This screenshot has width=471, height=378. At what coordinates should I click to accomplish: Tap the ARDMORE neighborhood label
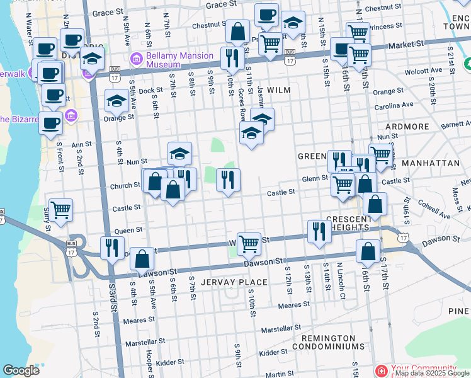tap(407, 127)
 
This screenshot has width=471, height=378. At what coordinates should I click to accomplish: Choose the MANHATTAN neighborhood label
tap(431, 163)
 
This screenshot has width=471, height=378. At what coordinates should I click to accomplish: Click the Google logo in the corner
tap(21, 370)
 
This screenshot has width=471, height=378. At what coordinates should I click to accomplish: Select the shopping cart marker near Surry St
tap(60, 209)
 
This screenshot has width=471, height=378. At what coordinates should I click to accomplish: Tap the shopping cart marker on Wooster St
tap(249, 243)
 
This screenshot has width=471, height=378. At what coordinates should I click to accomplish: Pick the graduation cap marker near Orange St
tap(116, 101)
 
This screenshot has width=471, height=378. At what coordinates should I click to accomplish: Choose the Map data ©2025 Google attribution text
tap(432, 373)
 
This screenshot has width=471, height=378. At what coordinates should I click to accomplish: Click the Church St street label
tap(125, 186)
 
